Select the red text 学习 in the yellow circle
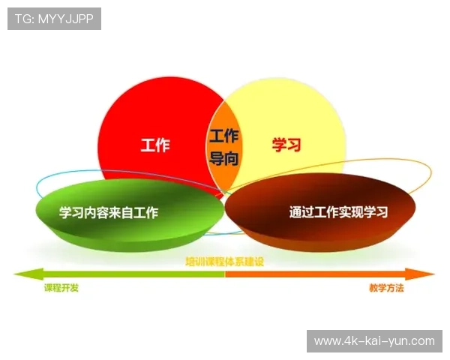(x=286, y=145)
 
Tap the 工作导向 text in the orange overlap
(x=223, y=147)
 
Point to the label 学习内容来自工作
(x=109, y=212)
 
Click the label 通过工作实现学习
(x=338, y=212)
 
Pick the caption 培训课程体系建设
(x=225, y=262)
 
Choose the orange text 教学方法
(x=386, y=288)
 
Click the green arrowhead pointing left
(x=22, y=274)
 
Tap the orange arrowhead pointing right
(x=427, y=274)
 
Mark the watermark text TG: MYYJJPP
(x=54, y=19)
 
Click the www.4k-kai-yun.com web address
(x=374, y=341)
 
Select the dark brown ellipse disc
(x=319, y=225)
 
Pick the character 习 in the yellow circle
(x=295, y=145)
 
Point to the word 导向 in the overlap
(x=223, y=158)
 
